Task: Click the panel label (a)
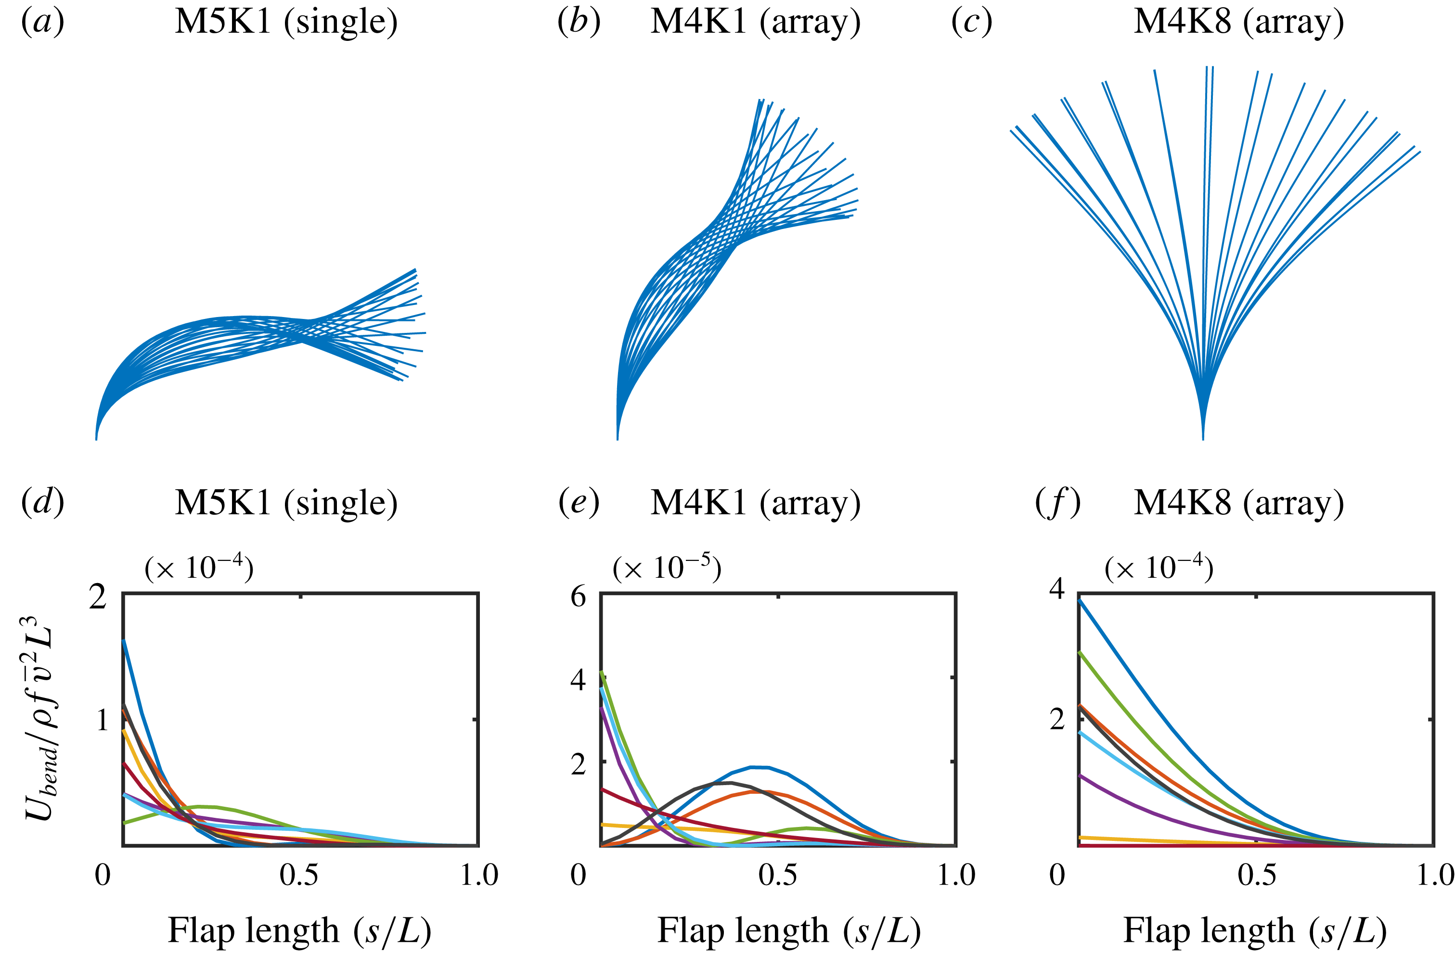tap(42, 22)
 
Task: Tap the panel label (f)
tap(1057, 503)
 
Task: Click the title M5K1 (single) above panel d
tap(286, 503)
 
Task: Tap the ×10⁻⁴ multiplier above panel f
tap(1159, 568)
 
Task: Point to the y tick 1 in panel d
tap(103, 720)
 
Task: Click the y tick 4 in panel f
tap(1057, 589)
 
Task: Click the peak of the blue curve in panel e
tap(760, 767)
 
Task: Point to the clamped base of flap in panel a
tap(97, 437)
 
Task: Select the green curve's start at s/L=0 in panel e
tap(602, 673)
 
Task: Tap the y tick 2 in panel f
tap(1057, 720)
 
